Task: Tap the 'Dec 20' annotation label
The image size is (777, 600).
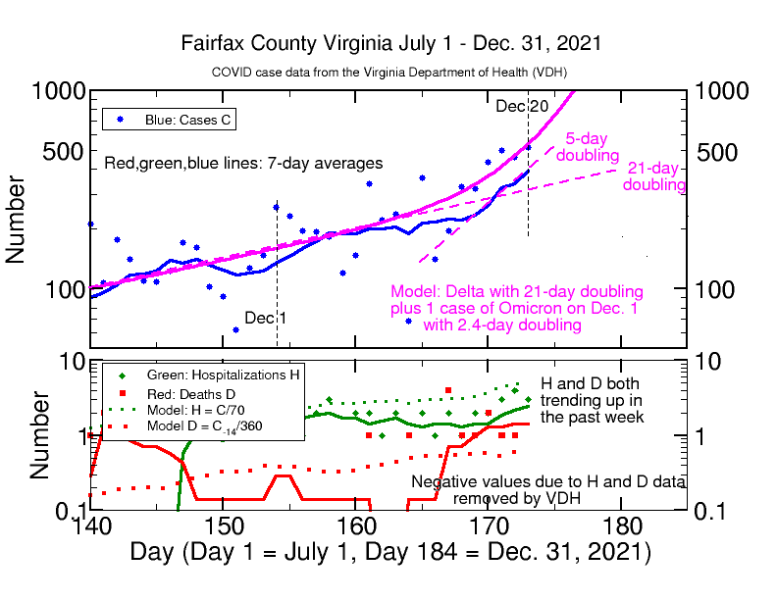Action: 522,106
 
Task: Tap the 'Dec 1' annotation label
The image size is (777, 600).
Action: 266,318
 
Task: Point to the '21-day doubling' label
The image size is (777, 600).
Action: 654,175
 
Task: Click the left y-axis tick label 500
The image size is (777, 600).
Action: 62,153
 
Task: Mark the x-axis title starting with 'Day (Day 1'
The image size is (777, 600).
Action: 389,551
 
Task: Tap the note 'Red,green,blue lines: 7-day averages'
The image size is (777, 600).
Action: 243,163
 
